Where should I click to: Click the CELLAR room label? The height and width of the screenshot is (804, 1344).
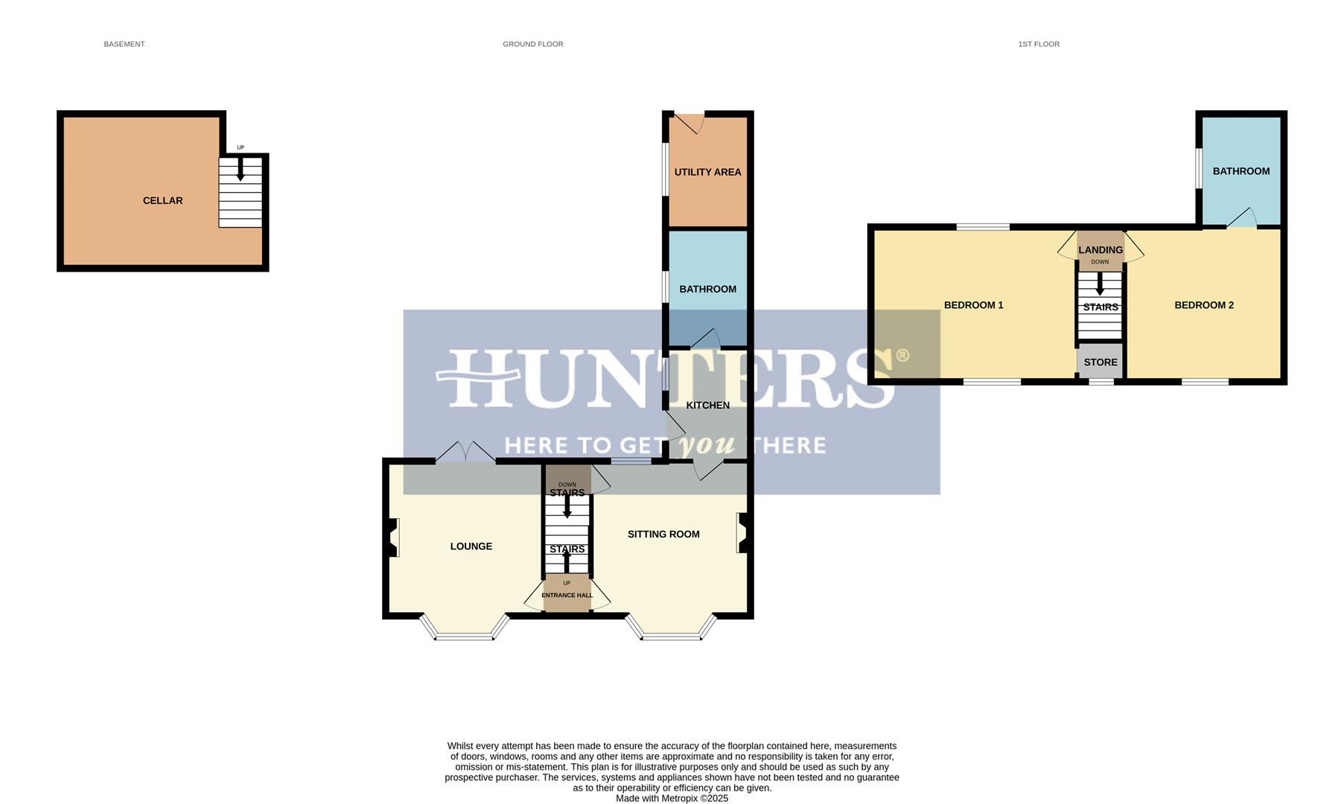pyautogui.click(x=162, y=200)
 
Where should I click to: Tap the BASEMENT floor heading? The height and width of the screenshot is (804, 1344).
pyautogui.click(x=124, y=45)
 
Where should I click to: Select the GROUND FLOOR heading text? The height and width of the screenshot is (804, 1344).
pyautogui.click(x=532, y=45)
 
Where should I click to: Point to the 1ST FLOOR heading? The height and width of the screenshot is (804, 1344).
pyautogui.click(x=1038, y=45)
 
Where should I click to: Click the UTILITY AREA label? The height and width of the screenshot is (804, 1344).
pyautogui.click(x=707, y=172)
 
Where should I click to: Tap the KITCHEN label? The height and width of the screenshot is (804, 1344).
pyautogui.click(x=707, y=405)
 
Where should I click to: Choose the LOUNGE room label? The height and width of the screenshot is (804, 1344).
pyautogui.click(x=471, y=546)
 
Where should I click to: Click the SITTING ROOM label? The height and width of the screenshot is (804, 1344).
pyautogui.click(x=663, y=534)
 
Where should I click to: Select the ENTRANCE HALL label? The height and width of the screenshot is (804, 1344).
pyautogui.click(x=567, y=596)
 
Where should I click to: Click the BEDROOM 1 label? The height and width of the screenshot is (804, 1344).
pyautogui.click(x=973, y=305)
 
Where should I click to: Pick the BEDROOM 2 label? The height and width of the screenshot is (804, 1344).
pyautogui.click(x=1203, y=305)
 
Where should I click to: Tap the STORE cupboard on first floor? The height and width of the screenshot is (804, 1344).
pyautogui.click(x=1100, y=363)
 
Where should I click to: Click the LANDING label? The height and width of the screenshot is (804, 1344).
pyautogui.click(x=1100, y=250)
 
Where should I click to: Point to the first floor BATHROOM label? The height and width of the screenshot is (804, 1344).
pyautogui.click(x=1241, y=171)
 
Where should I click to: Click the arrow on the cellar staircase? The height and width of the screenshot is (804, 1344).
pyautogui.click(x=240, y=170)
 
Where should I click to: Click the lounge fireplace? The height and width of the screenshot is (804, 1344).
pyautogui.click(x=393, y=537)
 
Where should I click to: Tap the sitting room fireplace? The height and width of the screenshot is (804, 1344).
pyautogui.click(x=742, y=533)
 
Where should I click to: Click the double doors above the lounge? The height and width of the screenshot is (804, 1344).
pyautogui.click(x=465, y=453)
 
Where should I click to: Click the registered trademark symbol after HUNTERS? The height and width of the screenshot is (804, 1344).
pyautogui.click(x=902, y=355)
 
